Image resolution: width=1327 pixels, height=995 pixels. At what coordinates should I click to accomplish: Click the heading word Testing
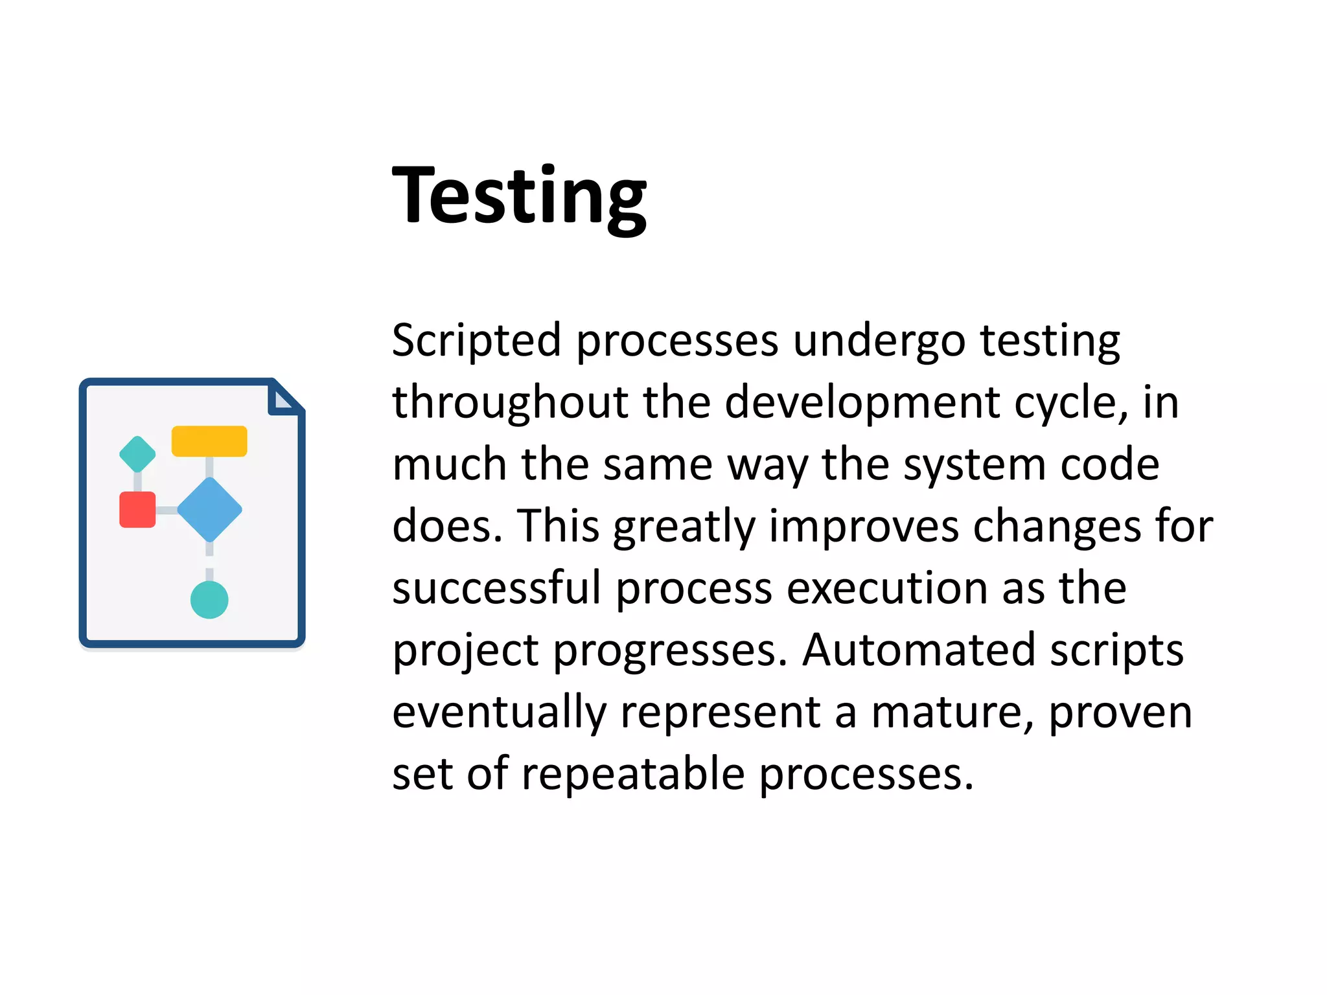[519, 196]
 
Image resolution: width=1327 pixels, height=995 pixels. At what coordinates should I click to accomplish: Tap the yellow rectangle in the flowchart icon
[209, 441]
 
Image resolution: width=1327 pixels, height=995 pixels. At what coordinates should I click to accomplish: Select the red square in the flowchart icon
[137, 510]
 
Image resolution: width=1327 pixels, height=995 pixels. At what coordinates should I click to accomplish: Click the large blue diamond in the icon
[209, 510]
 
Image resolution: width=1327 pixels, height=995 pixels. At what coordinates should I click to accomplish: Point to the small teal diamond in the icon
[137, 454]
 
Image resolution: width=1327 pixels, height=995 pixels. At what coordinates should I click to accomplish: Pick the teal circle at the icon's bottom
[209, 599]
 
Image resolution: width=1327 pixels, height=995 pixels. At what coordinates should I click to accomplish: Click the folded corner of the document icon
[284, 398]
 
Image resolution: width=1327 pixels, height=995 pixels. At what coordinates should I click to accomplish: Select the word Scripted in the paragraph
[476, 340]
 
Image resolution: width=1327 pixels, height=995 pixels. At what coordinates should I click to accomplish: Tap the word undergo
[879, 340]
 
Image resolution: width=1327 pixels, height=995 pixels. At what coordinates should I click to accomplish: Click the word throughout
[511, 402]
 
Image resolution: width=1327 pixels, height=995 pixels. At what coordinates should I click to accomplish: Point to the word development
[862, 402]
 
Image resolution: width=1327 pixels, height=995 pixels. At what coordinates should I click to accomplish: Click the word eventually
[500, 712]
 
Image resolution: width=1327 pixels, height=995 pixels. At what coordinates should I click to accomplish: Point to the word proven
[1120, 712]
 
